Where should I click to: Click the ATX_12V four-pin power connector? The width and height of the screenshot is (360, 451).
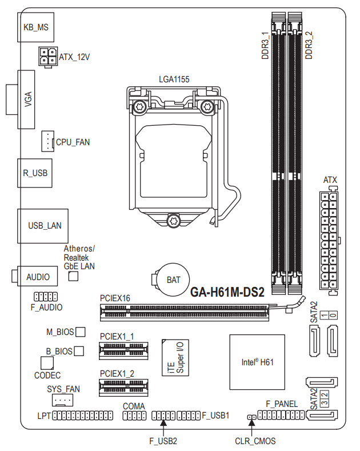pyautogui.click(x=48, y=57)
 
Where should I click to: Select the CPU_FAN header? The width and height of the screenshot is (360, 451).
pyautogui.click(x=48, y=141)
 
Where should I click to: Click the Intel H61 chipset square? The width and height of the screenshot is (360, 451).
pyautogui.click(x=257, y=362)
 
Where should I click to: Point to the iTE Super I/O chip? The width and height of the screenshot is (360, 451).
pyautogui.click(x=175, y=357)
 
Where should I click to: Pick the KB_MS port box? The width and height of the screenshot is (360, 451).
pyautogui.click(x=35, y=27)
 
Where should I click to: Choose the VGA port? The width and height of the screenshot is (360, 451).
pyautogui.click(x=21, y=99)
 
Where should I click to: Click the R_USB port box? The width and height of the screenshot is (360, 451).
pyautogui.click(x=35, y=173)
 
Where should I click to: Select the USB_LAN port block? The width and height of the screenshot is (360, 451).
pyautogui.click(x=43, y=226)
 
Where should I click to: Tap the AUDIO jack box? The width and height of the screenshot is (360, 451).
pyautogui.click(x=35, y=276)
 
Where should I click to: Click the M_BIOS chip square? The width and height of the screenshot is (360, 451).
pyautogui.click(x=80, y=332)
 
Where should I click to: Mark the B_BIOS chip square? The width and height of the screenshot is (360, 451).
pyautogui.click(x=79, y=351)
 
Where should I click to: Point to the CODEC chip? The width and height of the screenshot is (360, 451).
pyautogui.click(x=47, y=363)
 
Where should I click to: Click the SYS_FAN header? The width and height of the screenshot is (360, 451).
pyautogui.click(x=62, y=400)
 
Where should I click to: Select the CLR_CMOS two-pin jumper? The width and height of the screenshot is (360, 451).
pyautogui.click(x=252, y=417)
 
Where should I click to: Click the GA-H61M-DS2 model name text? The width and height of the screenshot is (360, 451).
pyautogui.click(x=227, y=292)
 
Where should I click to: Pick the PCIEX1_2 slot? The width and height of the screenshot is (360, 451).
pyautogui.click(x=123, y=388)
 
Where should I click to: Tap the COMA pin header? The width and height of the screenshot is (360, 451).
pyautogui.click(x=134, y=416)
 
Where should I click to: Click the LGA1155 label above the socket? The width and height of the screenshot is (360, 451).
pyautogui.click(x=174, y=79)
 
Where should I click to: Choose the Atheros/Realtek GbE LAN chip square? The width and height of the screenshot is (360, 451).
pyautogui.click(x=73, y=276)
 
